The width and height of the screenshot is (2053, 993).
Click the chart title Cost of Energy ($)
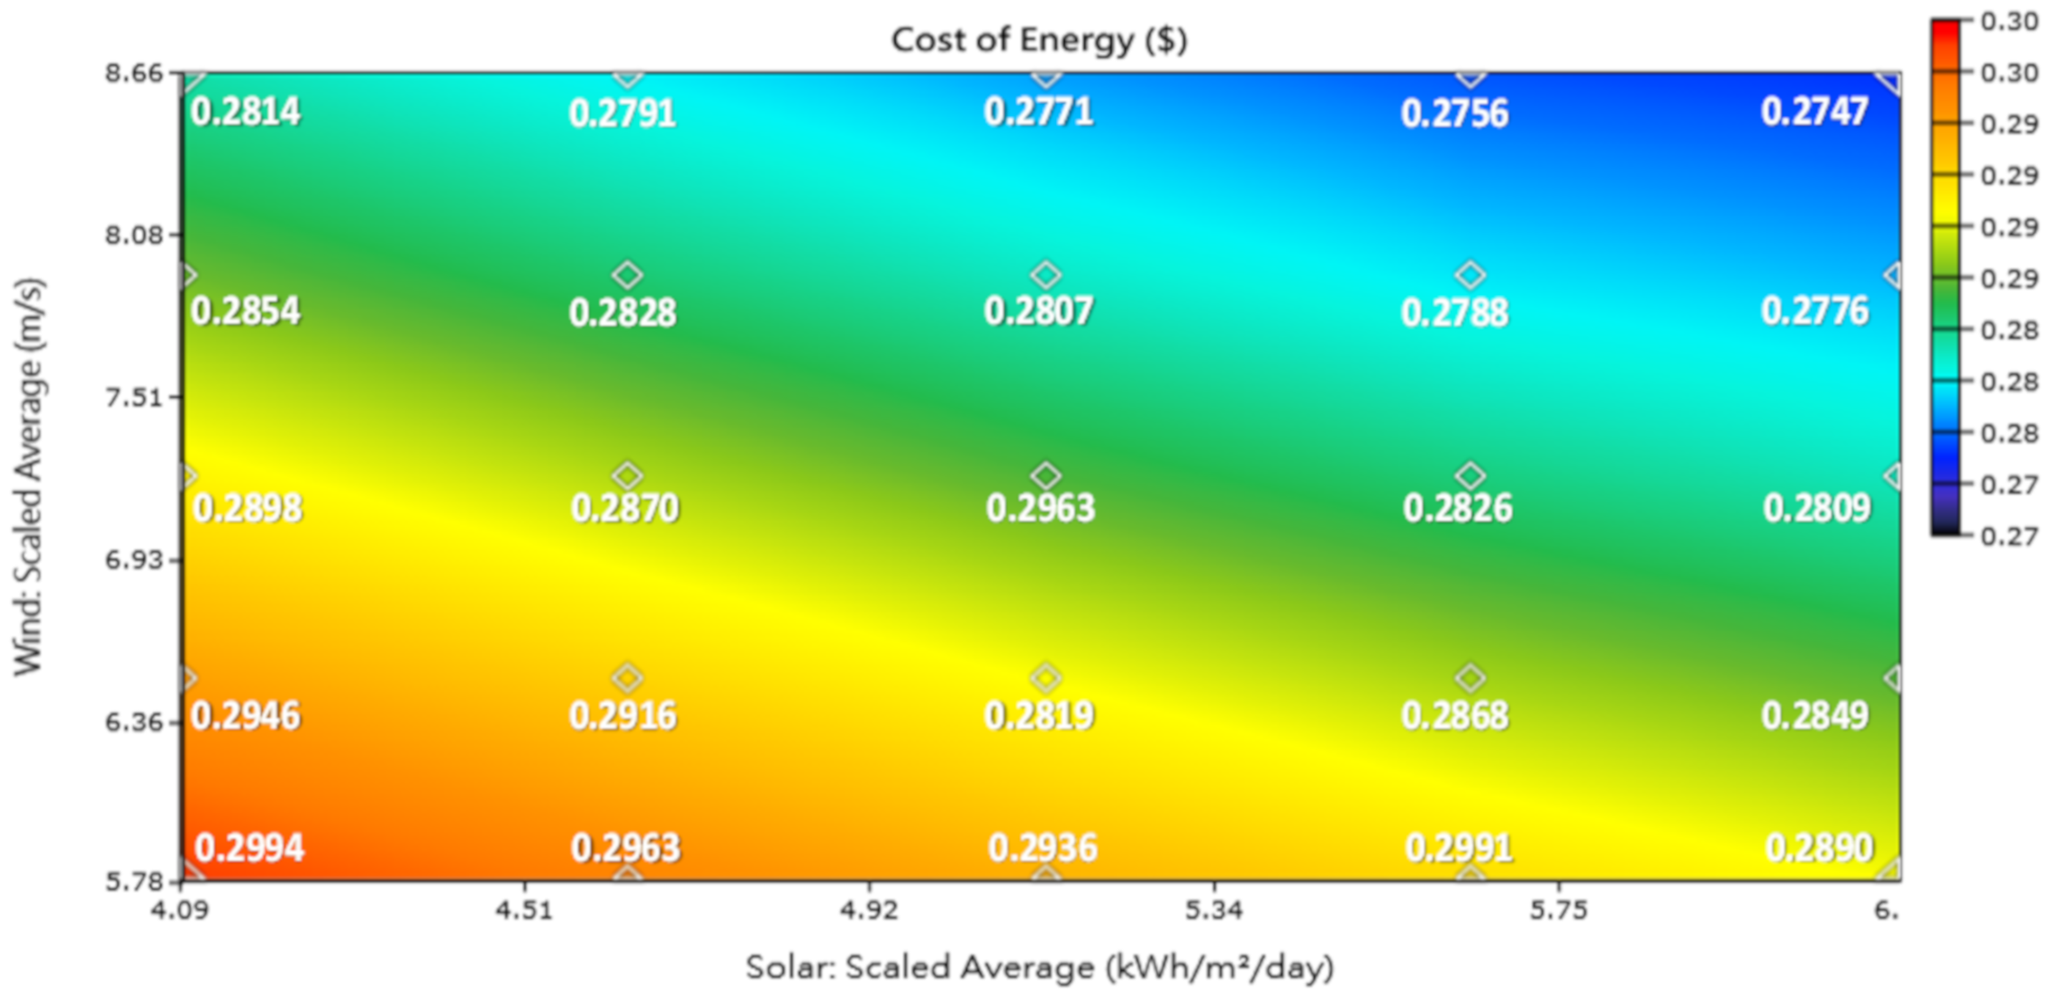point(1038,40)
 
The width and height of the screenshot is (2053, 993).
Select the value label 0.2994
point(249,847)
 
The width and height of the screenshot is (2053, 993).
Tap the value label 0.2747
point(1814,111)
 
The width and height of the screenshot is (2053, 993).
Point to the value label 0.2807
point(1038,311)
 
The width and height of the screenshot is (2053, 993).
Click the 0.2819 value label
point(1038,715)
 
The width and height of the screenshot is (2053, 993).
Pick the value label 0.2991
point(1458,847)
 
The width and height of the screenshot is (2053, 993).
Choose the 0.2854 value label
point(246,311)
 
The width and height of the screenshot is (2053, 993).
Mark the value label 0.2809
point(1816,508)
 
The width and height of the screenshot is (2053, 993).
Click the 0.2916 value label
point(622,715)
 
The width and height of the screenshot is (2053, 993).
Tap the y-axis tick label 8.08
point(133,235)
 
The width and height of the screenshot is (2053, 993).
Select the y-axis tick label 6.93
point(133,560)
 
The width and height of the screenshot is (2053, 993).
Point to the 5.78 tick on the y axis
point(133,882)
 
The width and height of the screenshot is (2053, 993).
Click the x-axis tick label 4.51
point(524,910)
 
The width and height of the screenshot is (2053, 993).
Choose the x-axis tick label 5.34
point(1213,910)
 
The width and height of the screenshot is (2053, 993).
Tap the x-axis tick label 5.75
point(1558,910)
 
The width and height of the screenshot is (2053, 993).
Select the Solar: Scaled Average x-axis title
point(1038,967)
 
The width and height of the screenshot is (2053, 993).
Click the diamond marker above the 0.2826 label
point(1469,476)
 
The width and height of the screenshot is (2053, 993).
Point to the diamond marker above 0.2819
point(1046,678)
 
